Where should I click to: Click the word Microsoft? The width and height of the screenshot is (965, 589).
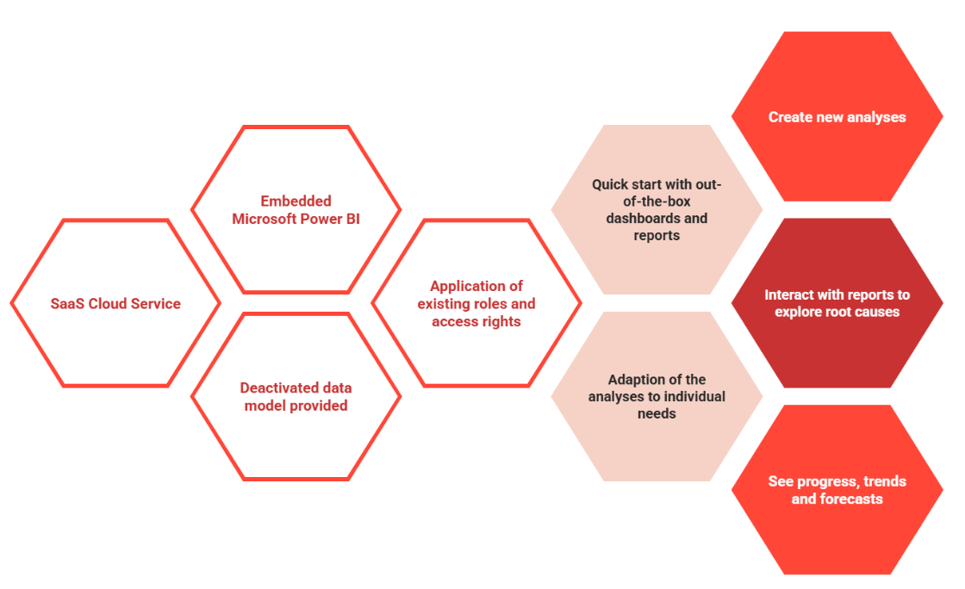(264, 219)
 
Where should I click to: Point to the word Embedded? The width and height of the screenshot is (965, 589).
(296, 201)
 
